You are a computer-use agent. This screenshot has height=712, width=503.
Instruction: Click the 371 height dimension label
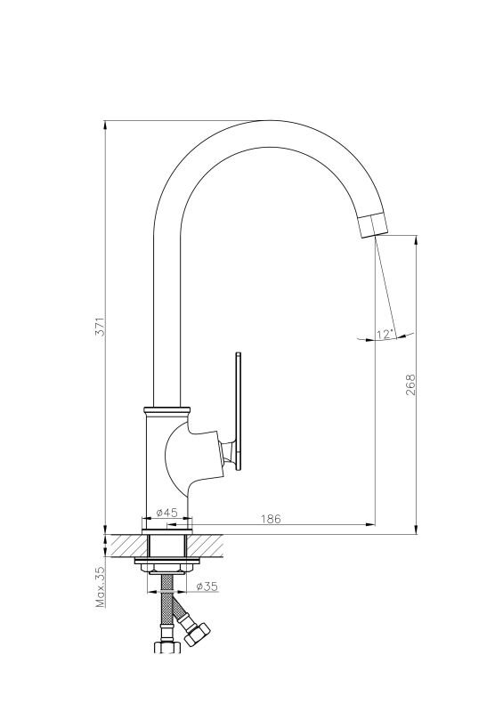101,326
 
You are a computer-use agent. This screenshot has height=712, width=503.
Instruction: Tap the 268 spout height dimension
410,384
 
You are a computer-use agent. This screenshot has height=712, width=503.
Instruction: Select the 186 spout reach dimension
271,519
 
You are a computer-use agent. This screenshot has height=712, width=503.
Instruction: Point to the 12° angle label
384,335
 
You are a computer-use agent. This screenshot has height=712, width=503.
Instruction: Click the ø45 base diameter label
166,513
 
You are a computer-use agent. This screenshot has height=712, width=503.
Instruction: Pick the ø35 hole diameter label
207,587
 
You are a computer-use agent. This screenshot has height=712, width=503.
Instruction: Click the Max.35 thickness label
100,587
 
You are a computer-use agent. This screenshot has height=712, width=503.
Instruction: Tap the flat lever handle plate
239,413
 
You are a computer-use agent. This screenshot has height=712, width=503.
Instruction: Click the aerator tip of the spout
374,225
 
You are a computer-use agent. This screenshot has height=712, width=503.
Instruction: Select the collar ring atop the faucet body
166,411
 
